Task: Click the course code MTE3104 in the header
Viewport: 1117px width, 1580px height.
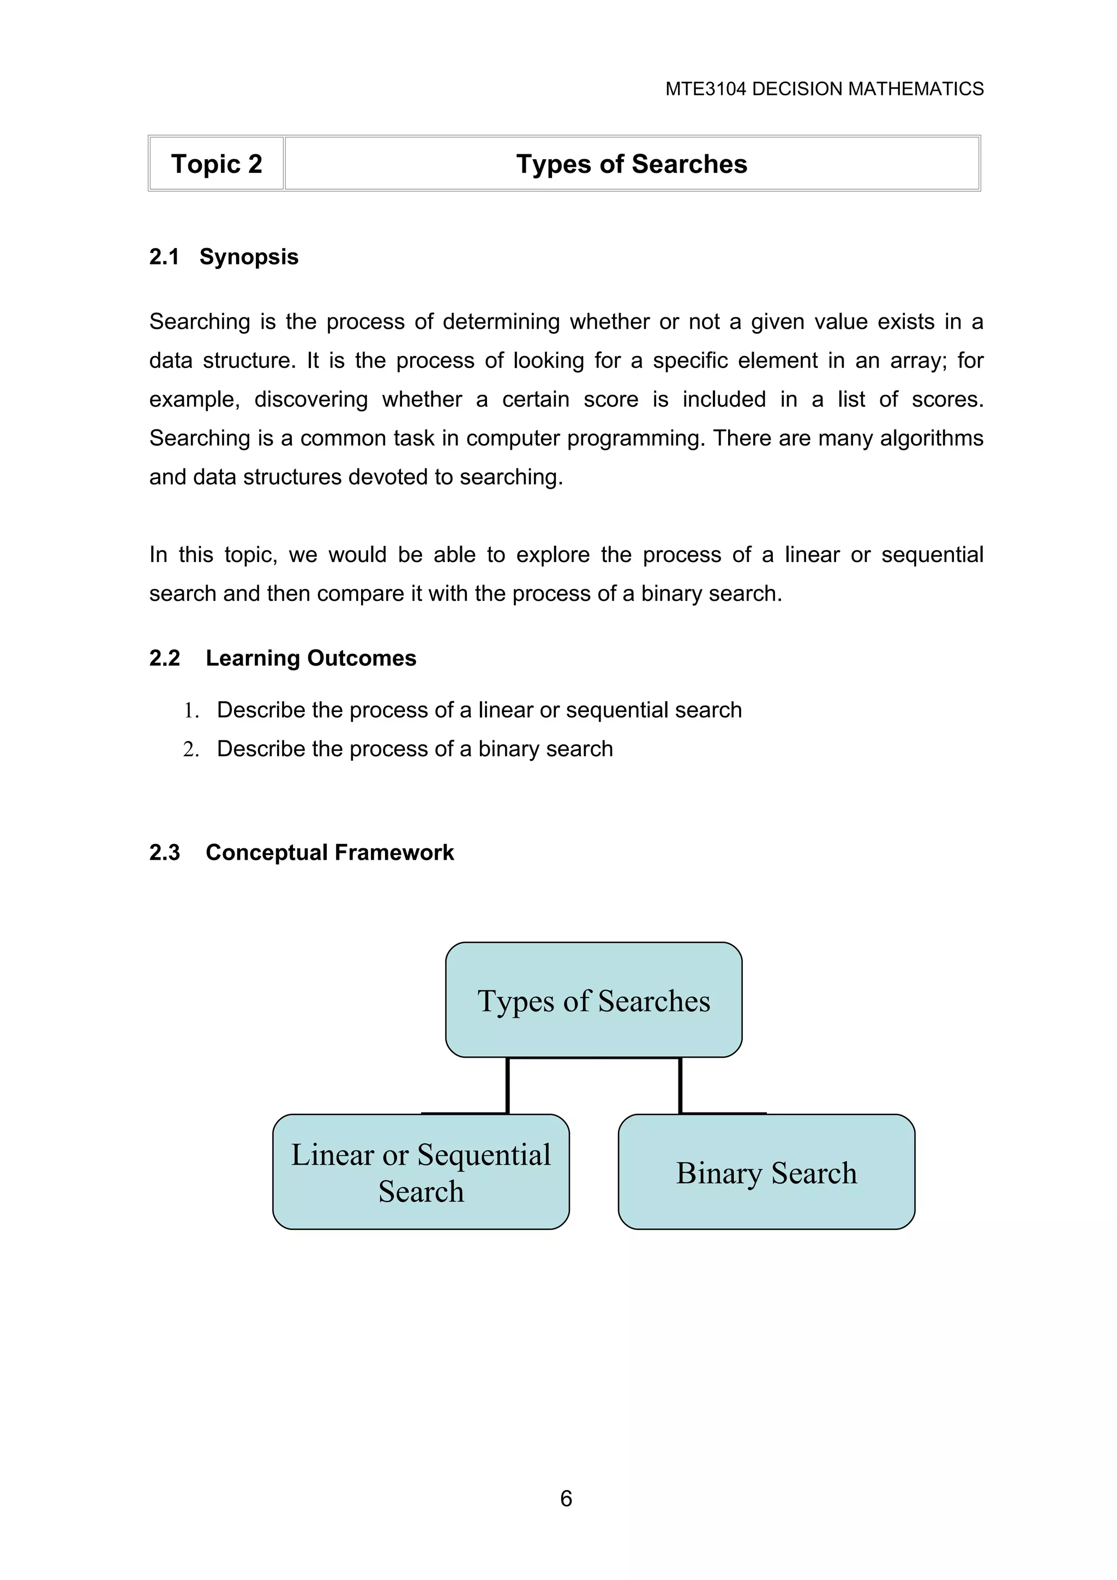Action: point(705,89)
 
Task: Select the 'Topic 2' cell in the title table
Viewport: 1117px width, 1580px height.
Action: point(216,164)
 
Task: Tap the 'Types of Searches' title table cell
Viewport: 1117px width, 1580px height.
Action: point(631,164)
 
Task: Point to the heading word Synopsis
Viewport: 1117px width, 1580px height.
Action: point(249,257)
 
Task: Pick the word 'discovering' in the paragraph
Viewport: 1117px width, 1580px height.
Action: point(311,400)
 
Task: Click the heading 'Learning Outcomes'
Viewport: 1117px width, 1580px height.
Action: point(310,658)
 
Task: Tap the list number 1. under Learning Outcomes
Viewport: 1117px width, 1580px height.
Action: point(191,711)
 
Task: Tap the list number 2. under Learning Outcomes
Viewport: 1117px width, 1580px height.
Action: point(191,750)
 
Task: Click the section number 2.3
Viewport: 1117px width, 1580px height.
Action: point(165,853)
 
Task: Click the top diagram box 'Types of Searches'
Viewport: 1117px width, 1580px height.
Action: point(593,1000)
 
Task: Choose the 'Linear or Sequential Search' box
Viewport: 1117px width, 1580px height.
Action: point(421,1173)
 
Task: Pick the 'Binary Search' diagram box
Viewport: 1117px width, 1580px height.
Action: point(766,1173)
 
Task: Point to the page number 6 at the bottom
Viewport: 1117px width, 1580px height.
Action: point(566,1498)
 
